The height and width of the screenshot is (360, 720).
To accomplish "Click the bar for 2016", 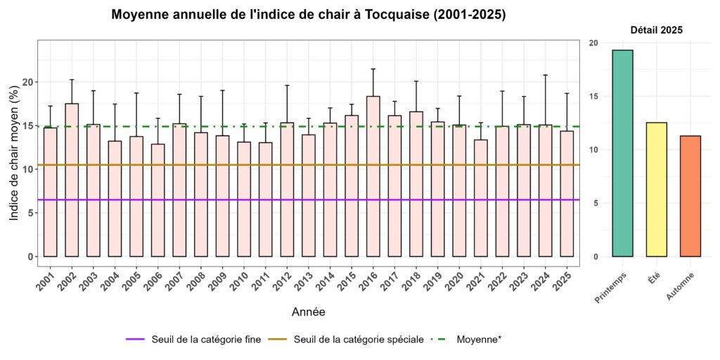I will (373, 176).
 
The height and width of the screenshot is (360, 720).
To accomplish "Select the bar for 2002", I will (72, 179).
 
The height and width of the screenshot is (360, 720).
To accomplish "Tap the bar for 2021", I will (480, 198).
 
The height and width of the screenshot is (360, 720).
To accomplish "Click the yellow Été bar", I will (656, 189).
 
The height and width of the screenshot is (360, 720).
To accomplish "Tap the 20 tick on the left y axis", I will (28, 82).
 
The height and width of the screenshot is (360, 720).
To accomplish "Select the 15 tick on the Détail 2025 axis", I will (594, 96).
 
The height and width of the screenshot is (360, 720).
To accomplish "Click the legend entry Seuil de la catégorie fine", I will (193, 340).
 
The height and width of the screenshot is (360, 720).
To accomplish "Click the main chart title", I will (308, 15).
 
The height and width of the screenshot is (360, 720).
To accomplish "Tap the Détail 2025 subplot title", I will (656, 30).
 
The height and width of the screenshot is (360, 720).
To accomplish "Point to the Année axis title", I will (308, 311).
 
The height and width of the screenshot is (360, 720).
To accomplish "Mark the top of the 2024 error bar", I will (545, 75).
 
